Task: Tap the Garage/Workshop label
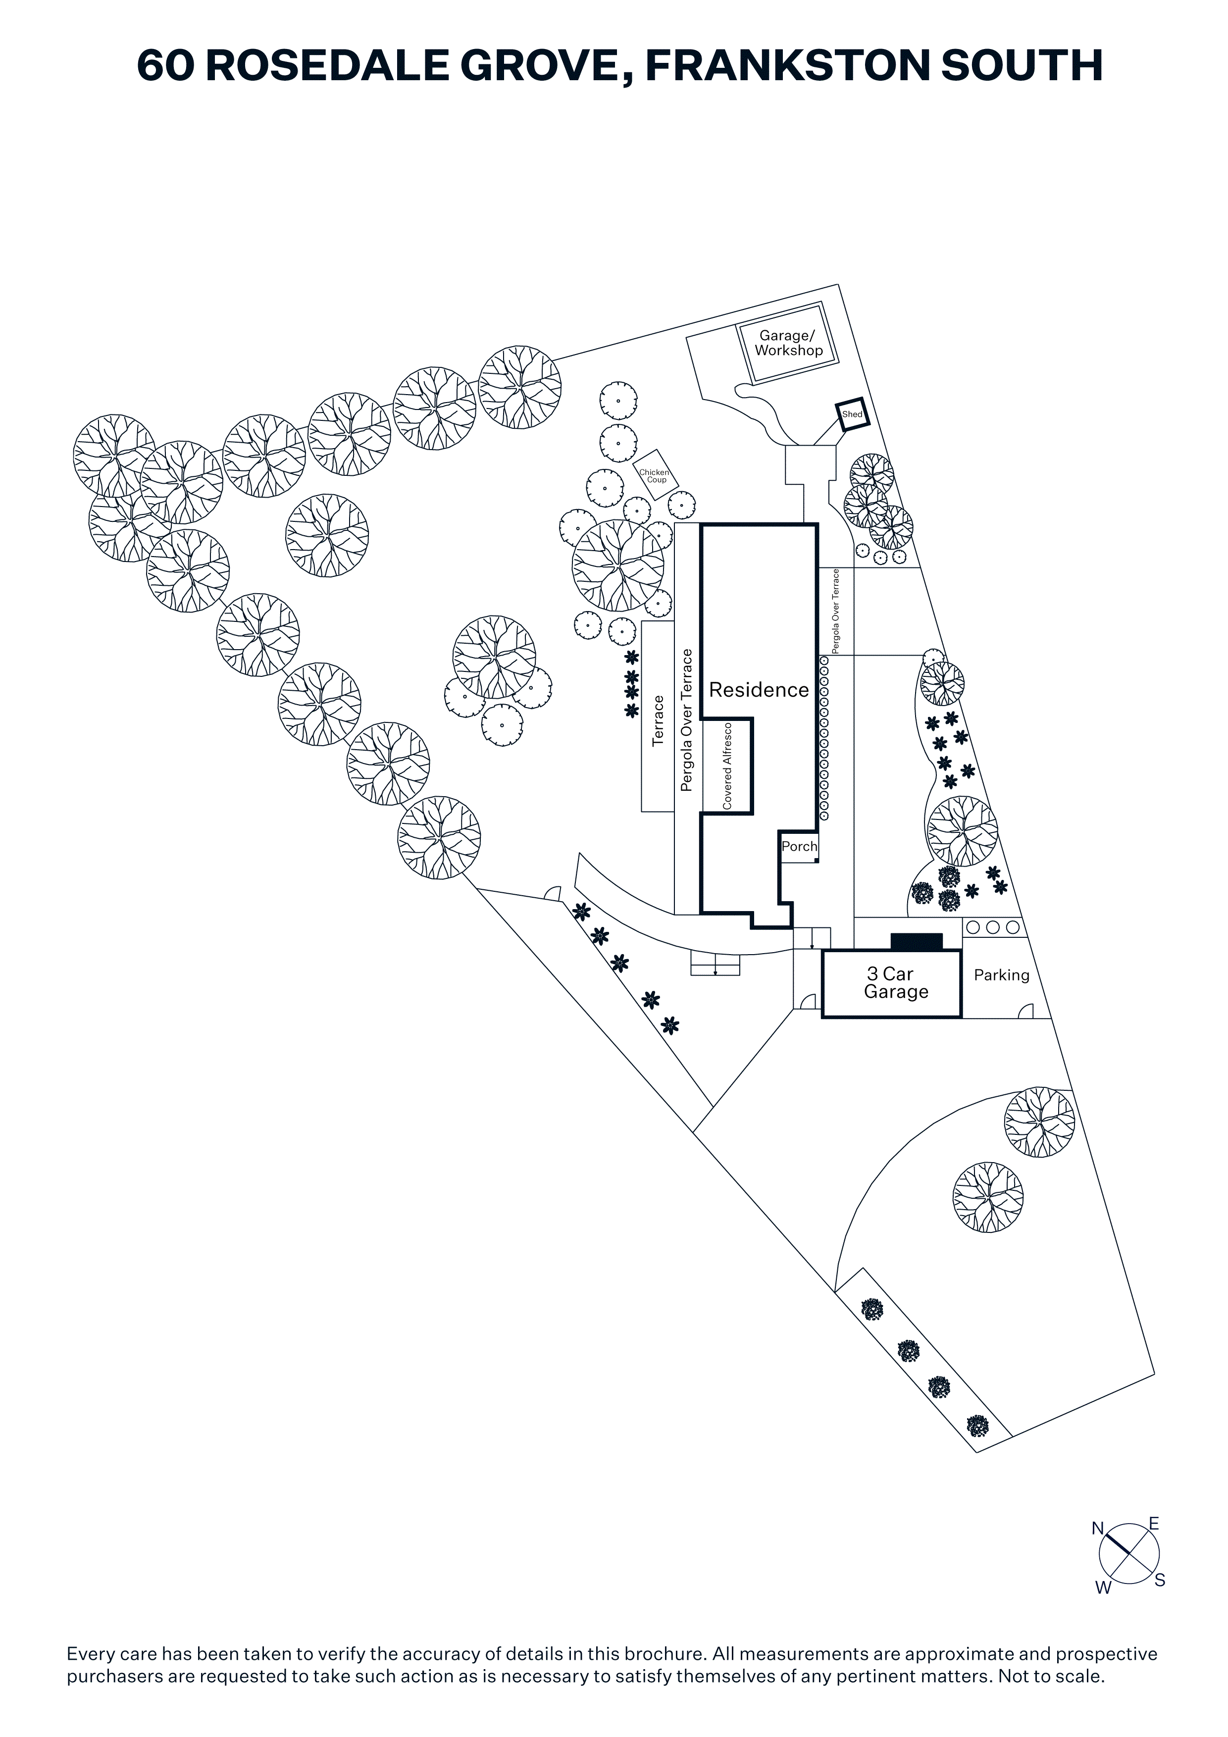pyautogui.click(x=788, y=343)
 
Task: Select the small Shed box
pyautogui.click(x=852, y=414)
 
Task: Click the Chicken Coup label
pyautogui.click(x=655, y=476)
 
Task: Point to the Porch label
pyautogui.click(x=799, y=847)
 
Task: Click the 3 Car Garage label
pyautogui.click(x=895, y=983)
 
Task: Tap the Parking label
pyautogui.click(x=1001, y=975)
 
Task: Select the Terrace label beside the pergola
pyautogui.click(x=658, y=721)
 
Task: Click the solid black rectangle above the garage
pyautogui.click(x=916, y=942)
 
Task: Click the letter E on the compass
pyautogui.click(x=1154, y=1523)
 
